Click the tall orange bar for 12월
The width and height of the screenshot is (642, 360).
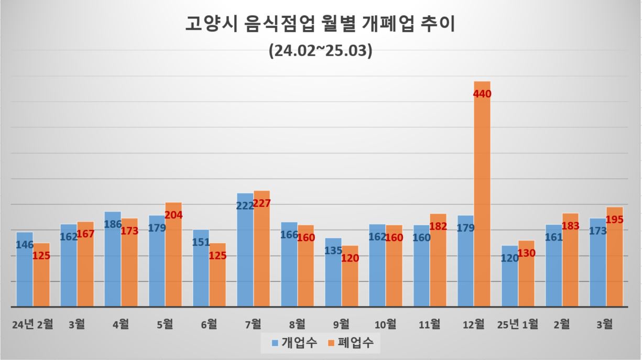482,194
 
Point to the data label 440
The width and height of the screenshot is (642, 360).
482,94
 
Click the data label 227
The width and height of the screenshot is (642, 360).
261,203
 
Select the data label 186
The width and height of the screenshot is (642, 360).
112,225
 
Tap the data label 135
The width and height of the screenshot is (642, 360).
334,250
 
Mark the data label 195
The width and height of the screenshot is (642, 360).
614,219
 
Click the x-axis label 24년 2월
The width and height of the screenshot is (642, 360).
33,324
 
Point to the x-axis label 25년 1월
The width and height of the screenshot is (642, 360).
518,324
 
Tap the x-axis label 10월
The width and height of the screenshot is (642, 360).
385,324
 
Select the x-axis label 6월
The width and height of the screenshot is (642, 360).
209,324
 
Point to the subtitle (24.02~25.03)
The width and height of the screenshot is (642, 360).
320,51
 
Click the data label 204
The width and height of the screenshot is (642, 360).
173,214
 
